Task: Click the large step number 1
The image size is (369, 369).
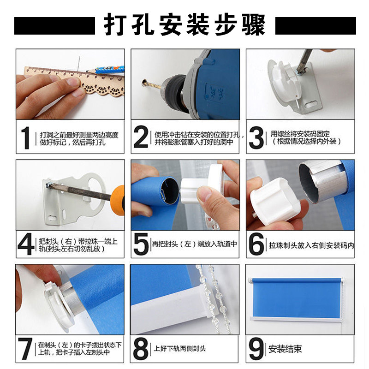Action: [x=25, y=137]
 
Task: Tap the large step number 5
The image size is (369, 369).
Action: [x=141, y=244]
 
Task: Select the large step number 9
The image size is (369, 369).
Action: [x=256, y=349]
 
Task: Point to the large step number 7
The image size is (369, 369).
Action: [x=25, y=349]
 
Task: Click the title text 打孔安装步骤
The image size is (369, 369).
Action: [x=185, y=24]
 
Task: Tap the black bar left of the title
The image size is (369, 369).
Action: [x=54, y=26]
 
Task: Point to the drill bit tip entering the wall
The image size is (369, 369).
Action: [x=144, y=83]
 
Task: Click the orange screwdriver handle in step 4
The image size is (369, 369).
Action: [x=118, y=200]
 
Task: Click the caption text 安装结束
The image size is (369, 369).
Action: [x=285, y=349]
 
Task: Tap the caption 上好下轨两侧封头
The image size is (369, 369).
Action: [x=180, y=349]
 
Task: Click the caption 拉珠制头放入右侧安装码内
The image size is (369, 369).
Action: [x=312, y=245]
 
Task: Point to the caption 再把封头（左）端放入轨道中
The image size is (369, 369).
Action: [x=194, y=244]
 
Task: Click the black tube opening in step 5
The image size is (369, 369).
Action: [x=170, y=190]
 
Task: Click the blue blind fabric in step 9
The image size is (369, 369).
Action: [x=297, y=298]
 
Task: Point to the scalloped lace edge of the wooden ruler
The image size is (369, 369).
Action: [x=103, y=89]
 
